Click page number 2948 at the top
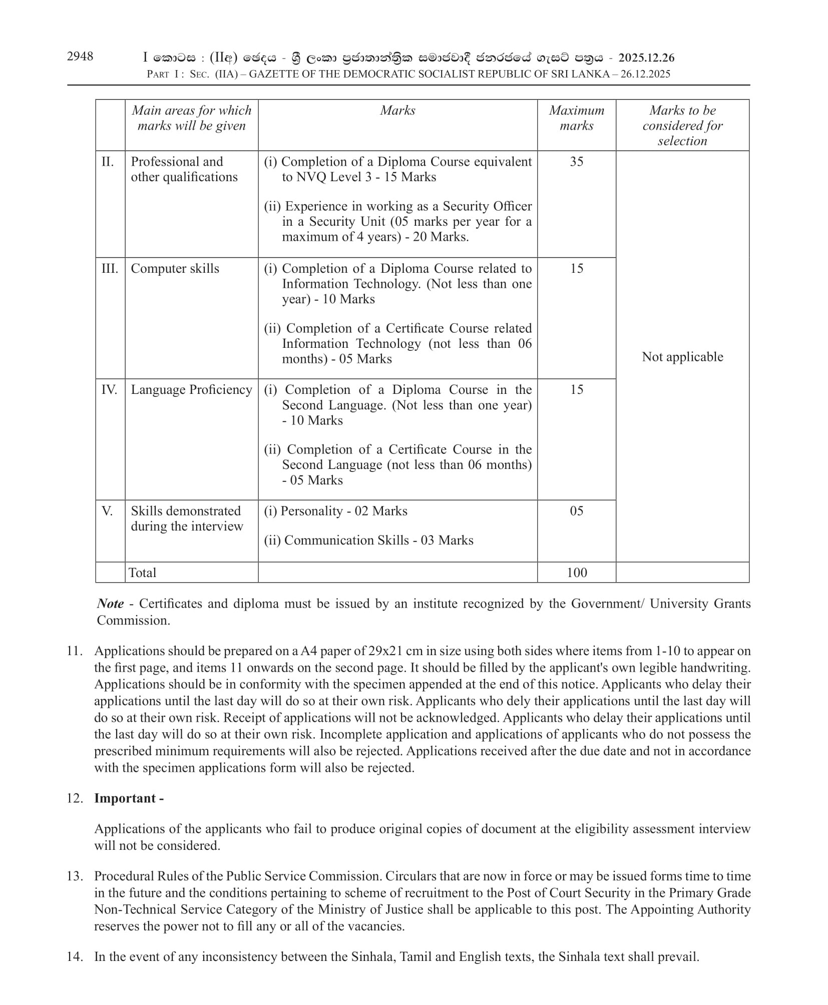coord(80,56)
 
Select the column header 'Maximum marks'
coord(576,118)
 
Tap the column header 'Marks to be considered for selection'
coord(682,125)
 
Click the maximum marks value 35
coord(576,162)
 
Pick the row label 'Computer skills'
coord(175,269)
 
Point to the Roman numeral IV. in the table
coord(109,389)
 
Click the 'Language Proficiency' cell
coord(191,389)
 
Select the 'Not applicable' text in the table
coord(682,357)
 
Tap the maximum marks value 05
coord(576,511)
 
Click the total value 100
coord(576,573)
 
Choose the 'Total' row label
coord(143,573)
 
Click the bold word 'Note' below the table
coord(110,604)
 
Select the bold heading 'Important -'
coord(129,798)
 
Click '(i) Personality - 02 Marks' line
coord(335,511)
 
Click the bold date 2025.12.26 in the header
coord(646,58)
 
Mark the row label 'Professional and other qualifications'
coord(184,169)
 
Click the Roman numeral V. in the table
coord(107,511)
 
